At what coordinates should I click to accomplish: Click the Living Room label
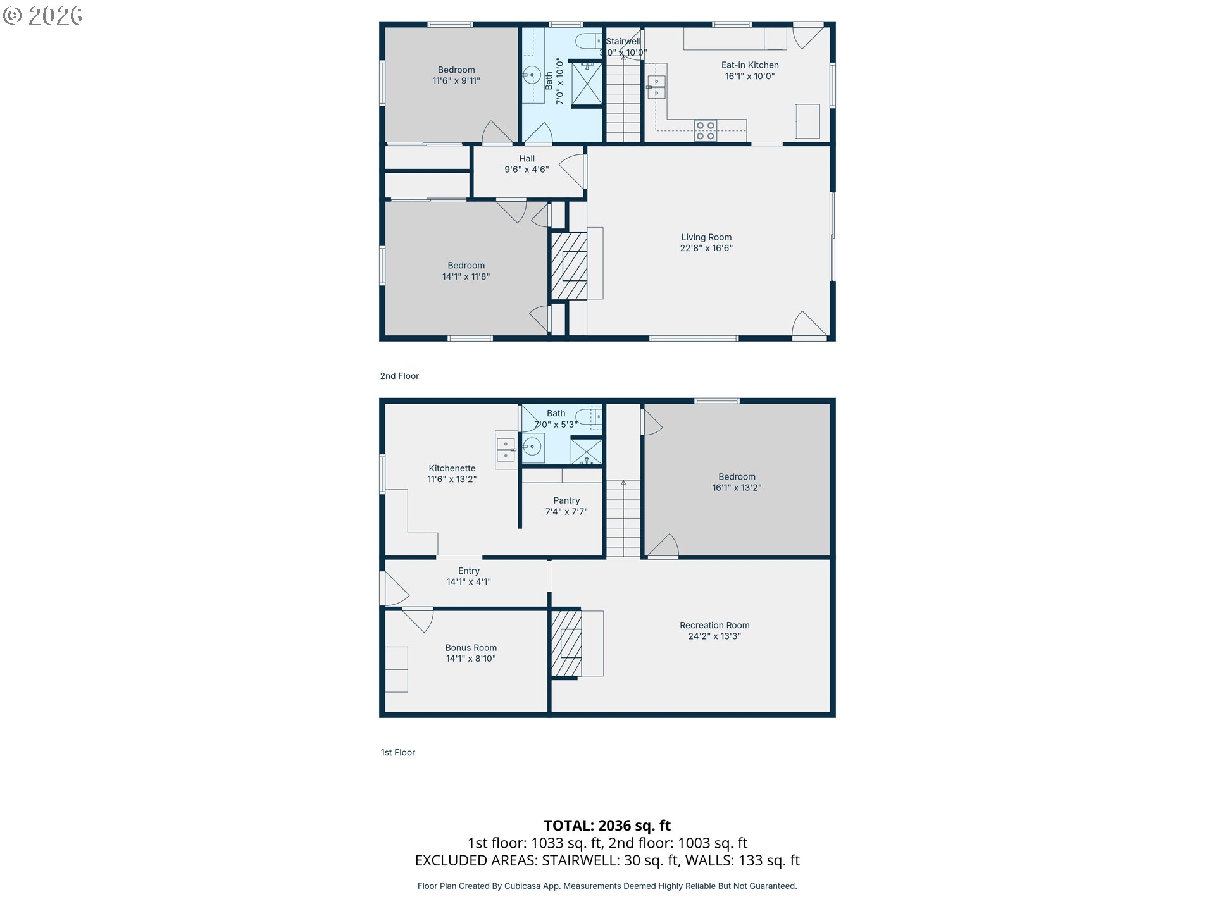(x=706, y=237)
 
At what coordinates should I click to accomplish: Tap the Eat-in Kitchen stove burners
(x=705, y=131)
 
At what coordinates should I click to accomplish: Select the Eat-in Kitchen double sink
(x=656, y=87)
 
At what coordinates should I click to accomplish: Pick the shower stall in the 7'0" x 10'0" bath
(x=587, y=84)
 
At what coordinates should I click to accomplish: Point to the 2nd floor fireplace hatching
(x=569, y=266)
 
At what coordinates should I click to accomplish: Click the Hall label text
(x=526, y=159)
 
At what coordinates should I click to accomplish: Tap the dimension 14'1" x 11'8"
(x=466, y=276)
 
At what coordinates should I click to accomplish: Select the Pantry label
(x=566, y=500)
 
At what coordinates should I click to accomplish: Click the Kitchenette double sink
(x=506, y=450)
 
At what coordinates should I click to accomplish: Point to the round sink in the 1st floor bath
(x=533, y=447)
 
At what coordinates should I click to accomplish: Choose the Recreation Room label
(x=714, y=625)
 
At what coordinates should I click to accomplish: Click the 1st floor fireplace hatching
(x=566, y=643)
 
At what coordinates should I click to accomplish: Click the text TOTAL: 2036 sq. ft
(x=607, y=826)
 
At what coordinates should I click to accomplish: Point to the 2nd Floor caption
(x=399, y=376)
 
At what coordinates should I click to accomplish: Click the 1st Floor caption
(x=397, y=752)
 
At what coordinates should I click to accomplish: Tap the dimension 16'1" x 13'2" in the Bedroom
(x=737, y=488)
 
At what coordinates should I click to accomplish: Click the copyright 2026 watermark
(x=43, y=15)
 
